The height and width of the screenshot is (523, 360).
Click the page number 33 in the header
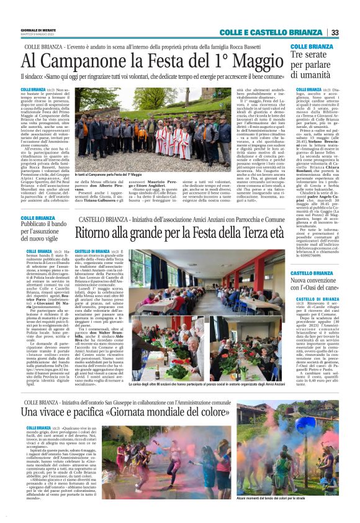tap(335, 33)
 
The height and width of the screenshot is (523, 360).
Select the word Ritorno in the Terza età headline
tap(100, 234)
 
